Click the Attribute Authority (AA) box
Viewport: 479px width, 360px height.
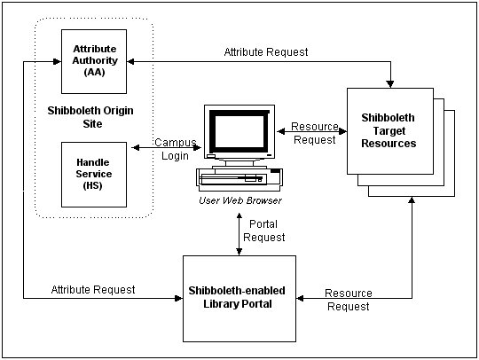click(93, 60)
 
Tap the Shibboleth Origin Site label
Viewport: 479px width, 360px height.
click(93, 117)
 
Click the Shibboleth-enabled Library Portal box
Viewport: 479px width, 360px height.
click(238, 298)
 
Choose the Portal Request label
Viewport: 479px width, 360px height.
click(267, 231)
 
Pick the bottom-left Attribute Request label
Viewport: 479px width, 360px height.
click(93, 289)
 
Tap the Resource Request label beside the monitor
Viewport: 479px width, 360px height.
click(314, 134)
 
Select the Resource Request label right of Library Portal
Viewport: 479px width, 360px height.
click(349, 300)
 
